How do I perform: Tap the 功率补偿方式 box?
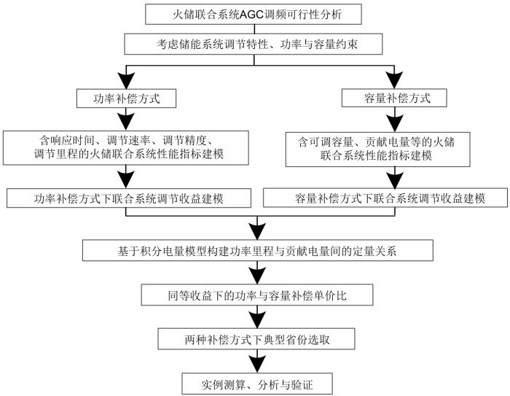127,96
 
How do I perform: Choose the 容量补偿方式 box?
395,96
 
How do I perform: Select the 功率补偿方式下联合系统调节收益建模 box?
127,197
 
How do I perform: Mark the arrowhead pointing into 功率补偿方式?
127,80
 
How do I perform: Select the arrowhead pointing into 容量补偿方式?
395,80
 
